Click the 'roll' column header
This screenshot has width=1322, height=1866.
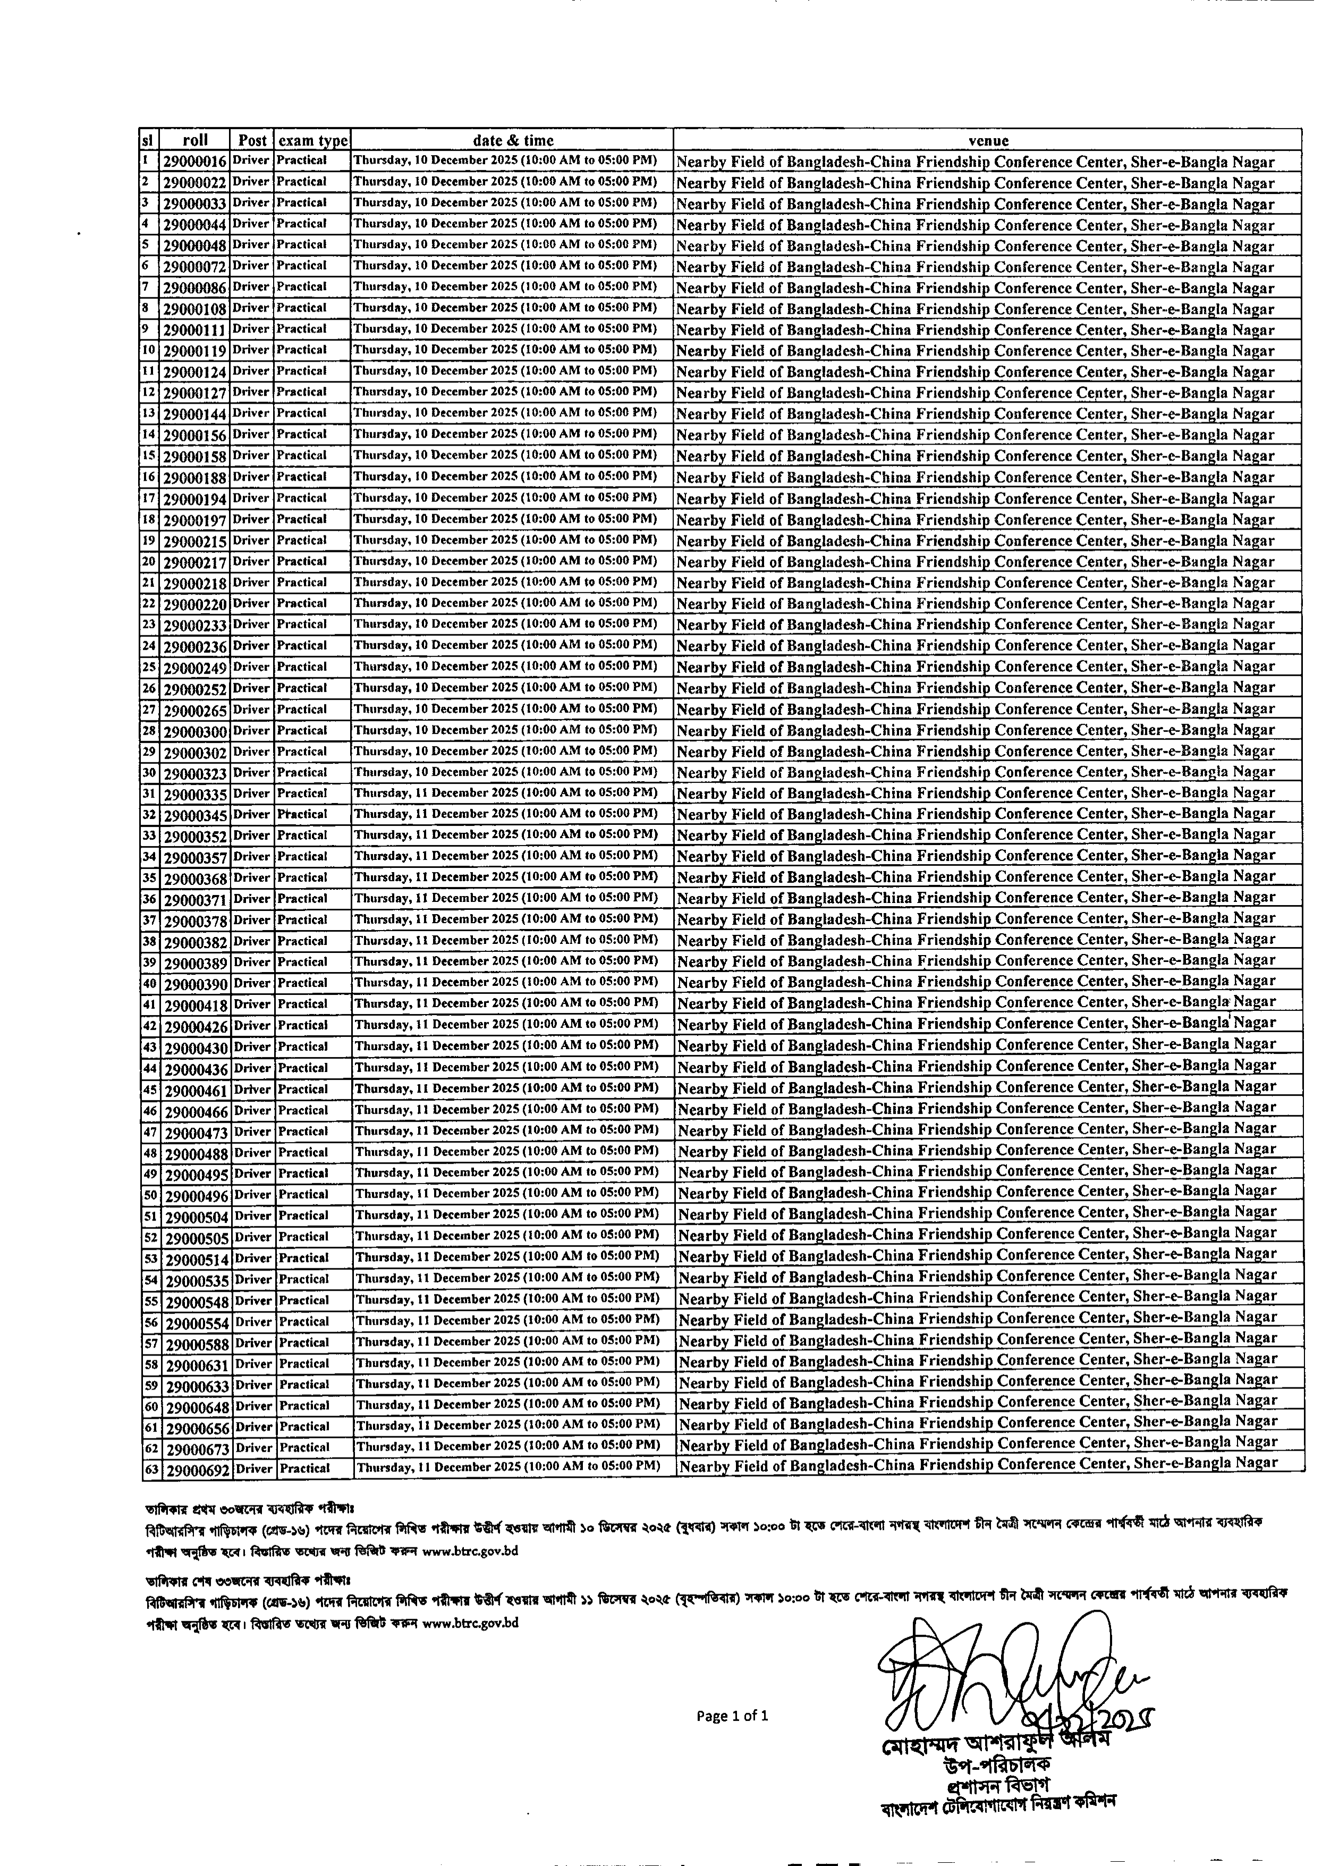click(196, 140)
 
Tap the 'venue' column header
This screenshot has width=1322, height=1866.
click(988, 141)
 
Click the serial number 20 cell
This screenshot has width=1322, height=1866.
click(149, 561)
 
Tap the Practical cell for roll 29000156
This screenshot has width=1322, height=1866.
click(301, 434)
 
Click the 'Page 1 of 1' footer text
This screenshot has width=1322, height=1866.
click(732, 1716)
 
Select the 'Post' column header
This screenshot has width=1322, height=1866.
click(252, 140)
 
